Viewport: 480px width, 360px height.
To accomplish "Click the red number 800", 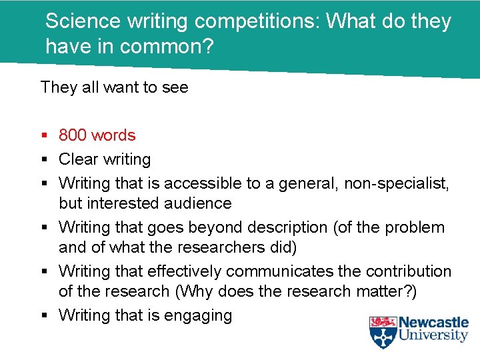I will pos(73,135).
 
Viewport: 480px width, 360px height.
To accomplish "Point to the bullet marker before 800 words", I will pos(44,136).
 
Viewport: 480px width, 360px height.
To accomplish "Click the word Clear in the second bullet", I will pos(77,159).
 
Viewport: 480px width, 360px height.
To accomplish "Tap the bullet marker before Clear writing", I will pos(44,160).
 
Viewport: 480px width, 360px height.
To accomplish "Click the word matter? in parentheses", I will pos(389,291).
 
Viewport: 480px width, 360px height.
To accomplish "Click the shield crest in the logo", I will pos(383,331).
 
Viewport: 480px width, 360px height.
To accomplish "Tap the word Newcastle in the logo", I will pos(435,322).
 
